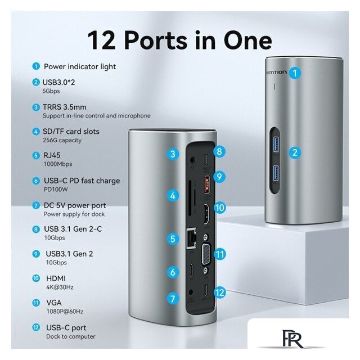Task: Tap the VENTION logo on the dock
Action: click(x=276, y=73)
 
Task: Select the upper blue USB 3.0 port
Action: click(x=276, y=144)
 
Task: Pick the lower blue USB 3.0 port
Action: click(x=276, y=173)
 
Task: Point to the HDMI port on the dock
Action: click(x=206, y=214)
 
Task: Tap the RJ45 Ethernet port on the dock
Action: click(x=192, y=238)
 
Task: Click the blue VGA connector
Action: click(x=206, y=255)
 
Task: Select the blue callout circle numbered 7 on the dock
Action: click(x=173, y=299)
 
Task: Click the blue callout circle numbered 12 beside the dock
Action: click(x=219, y=292)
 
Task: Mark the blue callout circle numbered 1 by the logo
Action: click(x=295, y=73)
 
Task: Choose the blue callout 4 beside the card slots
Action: click(x=173, y=196)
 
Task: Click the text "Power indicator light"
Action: click(x=80, y=66)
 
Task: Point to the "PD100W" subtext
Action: click(x=56, y=190)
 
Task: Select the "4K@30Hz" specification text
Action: click(x=60, y=287)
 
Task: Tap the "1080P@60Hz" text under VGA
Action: click(x=65, y=311)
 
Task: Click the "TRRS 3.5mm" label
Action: click(x=65, y=107)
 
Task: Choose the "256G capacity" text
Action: click(x=62, y=140)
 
